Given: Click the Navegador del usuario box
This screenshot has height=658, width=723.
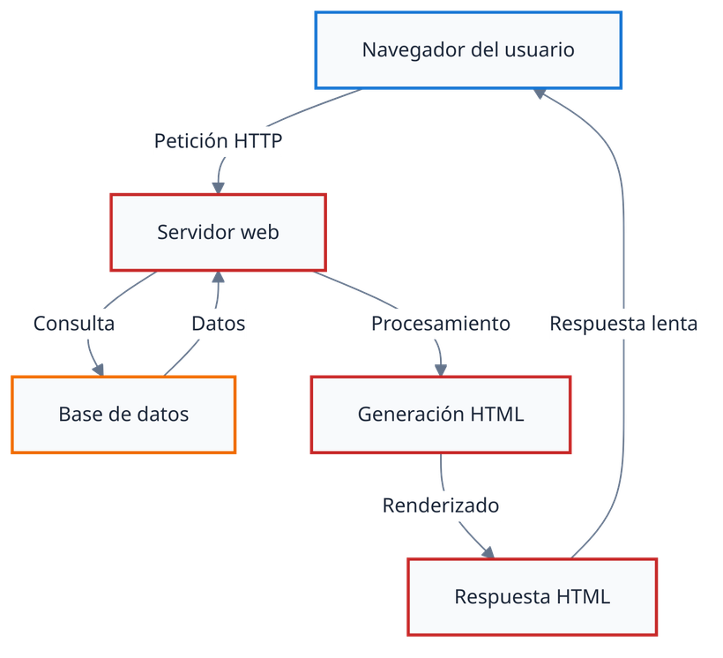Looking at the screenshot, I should click(468, 49).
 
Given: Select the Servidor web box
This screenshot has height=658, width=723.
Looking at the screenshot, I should click(218, 232).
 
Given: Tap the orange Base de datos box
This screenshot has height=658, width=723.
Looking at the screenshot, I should click(123, 414).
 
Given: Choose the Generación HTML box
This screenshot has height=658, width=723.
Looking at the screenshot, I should click(441, 414).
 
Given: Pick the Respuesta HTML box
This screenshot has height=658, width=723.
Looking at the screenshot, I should click(533, 596).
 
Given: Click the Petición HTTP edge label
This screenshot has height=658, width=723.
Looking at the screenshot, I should click(218, 140).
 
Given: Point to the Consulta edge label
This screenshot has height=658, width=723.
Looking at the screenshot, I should click(74, 324).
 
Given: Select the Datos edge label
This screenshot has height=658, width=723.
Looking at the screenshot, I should click(219, 324).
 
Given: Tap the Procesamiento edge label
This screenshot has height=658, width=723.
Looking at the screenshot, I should click(440, 324).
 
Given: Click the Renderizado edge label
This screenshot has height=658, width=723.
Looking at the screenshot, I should click(441, 506).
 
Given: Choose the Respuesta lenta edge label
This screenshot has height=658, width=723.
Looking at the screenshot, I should click(623, 324).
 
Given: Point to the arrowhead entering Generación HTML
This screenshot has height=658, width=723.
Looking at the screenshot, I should click(441, 369).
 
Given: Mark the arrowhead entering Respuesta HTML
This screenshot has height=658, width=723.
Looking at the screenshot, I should click(488, 551).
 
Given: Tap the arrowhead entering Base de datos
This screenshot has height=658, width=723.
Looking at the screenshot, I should click(100, 369).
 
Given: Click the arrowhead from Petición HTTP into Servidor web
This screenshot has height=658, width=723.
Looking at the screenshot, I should click(218, 186).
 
